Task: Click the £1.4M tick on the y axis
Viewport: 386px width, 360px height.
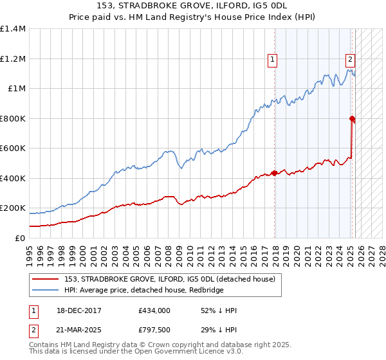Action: (13, 29)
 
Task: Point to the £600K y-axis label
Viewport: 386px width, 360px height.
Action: (13, 148)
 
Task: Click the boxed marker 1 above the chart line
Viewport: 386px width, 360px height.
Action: (273, 60)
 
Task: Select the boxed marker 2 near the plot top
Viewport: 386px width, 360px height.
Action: (350, 60)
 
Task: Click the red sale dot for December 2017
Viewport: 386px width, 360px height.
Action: (275, 173)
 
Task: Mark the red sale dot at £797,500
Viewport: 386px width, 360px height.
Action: (352, 118)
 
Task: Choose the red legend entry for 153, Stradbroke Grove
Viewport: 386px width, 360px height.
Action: (170, 279)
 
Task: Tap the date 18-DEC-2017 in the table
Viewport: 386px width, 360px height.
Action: (74, 310)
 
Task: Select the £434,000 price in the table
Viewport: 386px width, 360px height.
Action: (154, 310)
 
